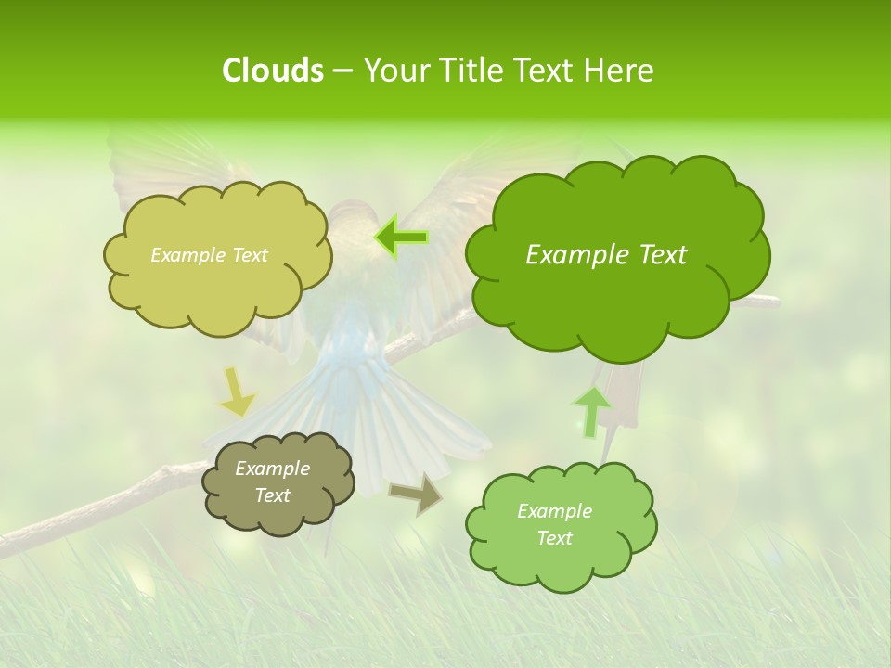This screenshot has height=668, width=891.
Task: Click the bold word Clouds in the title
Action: click(272, 71)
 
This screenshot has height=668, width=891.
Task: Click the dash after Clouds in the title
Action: click(342, 71)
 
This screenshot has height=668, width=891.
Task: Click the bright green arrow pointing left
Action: click(401, 238)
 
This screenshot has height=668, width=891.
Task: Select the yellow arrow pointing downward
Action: click(237, 392)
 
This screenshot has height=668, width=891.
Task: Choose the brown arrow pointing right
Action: click(416, 495)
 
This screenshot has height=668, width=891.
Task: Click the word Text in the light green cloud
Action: click(555, 538)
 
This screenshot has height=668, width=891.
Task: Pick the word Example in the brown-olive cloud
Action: click(272, 469)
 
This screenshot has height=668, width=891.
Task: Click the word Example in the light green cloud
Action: click(554, 511)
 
